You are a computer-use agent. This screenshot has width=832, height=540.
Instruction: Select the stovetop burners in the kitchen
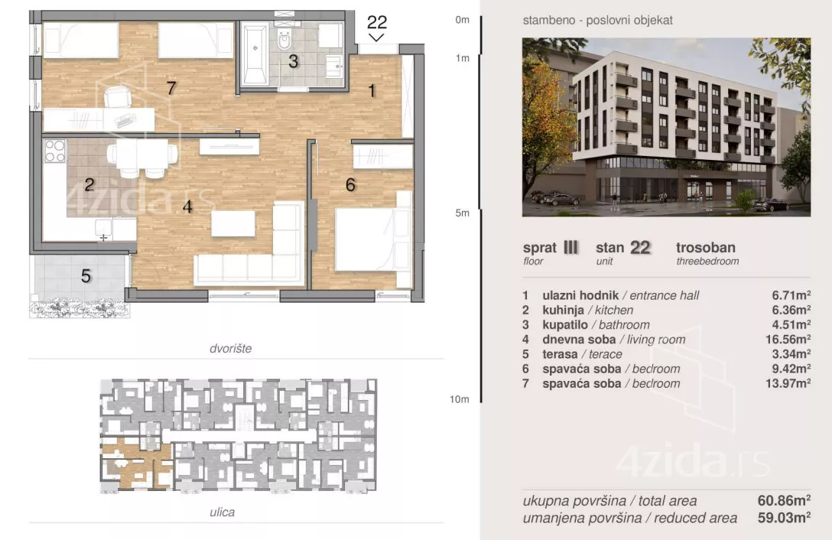pyautogui.click(x=54, y=151)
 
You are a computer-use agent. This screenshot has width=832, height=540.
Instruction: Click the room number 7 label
pyautogui.click(x=171, y=88)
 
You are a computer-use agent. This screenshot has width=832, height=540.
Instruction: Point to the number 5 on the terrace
pyautogui.click(x=86, y=276)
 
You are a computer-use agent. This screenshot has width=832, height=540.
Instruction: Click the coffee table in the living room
pyautogui.click(x=233, y=223)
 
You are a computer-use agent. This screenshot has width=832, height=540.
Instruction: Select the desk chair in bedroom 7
pyautogui.click(x=117, y=97)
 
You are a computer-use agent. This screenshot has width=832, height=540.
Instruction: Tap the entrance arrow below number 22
pyautogui.click(x=377, y=37)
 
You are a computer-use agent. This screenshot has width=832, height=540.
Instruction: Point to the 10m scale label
pyautogui.click(x=460, y=399)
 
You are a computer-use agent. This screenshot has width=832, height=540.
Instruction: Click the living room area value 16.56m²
pyautogui.click(x=788, y=340)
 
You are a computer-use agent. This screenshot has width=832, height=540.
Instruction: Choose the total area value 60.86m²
pyautogui.click(x=784, y=500)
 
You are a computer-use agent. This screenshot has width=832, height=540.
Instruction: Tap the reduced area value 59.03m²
pyautogui.click(x=784, y=518)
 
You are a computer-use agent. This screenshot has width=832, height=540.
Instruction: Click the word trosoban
pyautogui.click(x=706, y=247)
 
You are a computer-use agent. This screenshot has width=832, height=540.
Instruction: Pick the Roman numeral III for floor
pyautogui.click(x=570, y=247)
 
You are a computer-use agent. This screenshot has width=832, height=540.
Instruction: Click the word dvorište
pyautogui.click(x=231, y=349)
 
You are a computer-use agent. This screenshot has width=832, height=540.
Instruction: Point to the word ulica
pyautogui.click(x=223, y=512)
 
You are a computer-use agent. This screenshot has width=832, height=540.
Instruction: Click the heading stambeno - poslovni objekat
pyautogui.click(x=597, y=20)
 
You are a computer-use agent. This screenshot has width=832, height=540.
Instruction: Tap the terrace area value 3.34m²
pyautogui.click(x=791, y=354)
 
